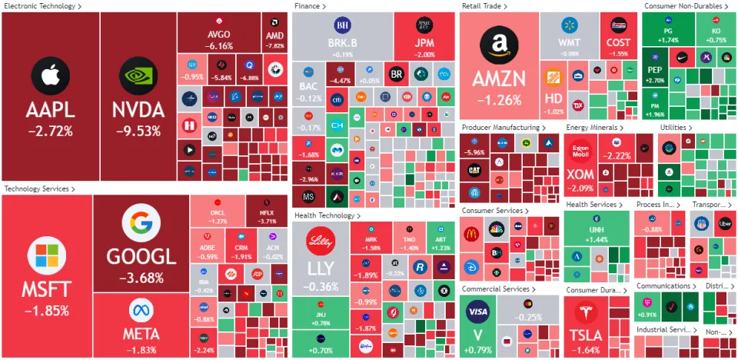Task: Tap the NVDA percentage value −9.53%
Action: coord(138,130)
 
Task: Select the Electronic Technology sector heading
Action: coord(40,6)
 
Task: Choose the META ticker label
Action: coord(141,333)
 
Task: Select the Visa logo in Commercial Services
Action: coord(477,313)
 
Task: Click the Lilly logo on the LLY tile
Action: coord(321,241)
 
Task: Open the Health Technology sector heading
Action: coord(326,216)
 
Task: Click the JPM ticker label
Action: coord(424,42)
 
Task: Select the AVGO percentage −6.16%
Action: coord(219,45)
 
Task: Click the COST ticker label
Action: coord(617,42)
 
